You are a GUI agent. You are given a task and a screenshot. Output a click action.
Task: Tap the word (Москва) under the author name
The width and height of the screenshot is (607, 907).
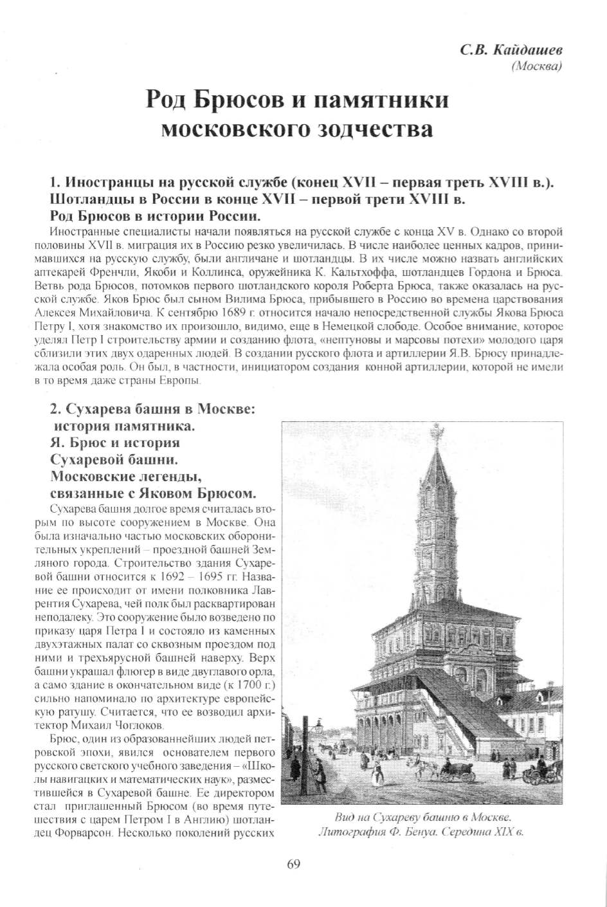(536, 66)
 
